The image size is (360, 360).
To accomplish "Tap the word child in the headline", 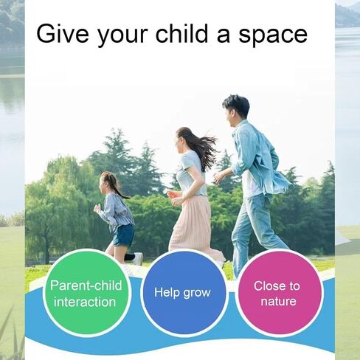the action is pos(182,33).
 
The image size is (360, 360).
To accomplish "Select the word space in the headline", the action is pos(273,36).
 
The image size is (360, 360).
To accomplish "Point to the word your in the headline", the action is pos(122,36).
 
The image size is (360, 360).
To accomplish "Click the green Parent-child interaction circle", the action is pos(86,293).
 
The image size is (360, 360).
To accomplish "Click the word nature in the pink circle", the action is pos(278,302).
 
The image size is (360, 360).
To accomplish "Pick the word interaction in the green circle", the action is pos(85,302).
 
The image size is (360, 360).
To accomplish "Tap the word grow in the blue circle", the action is pos(197,294).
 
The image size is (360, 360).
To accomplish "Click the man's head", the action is pos(236,110).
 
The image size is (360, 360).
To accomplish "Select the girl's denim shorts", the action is pos(123,235).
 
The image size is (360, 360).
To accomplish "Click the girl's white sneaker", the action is pos(139,259).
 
